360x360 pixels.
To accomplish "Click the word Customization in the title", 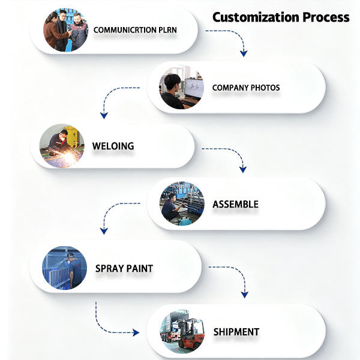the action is [x=256, y=17].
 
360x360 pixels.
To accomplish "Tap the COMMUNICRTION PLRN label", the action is [x=135, y=30].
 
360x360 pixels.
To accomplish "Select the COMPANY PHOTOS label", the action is [x=246, y=88].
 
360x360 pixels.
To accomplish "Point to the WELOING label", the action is [x=113, y=146].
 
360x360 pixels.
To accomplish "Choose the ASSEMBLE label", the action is [x=236, y=205].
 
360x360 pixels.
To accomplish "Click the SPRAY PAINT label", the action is [x=124, y=268].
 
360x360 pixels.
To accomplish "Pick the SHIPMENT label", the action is [x=236, y=332].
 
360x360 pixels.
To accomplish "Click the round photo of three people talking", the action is [x=65, y=30].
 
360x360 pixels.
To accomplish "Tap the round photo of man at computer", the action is [x=182, y=88].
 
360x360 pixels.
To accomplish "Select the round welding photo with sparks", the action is [x=62, y=146].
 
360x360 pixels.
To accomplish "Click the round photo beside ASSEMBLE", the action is [x=182, y=204].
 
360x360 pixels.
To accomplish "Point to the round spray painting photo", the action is [x=65, y=268].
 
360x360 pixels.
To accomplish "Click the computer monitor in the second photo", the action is [x=194, y=88].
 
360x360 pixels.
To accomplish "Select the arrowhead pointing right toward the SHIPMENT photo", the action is [x=136, y=332].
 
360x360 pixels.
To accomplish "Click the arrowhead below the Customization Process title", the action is [x=244, y=53].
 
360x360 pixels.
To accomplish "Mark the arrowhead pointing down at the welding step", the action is [x=104, y=115].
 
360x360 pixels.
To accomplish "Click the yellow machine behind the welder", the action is [x=71, y=136].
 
